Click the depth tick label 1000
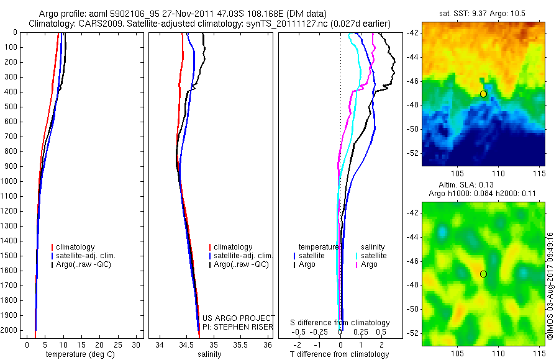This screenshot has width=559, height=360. pyautogui.click(x=11, y=181)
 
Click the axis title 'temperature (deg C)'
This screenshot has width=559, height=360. pyautogui.click(x=79, y=354)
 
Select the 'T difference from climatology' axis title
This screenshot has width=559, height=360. pyautogui.click(x=339, y=354)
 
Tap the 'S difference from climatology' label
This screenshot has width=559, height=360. pyautogui.click(x=340, y=323)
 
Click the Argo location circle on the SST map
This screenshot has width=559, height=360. pyautogui.click(x=483, y=94)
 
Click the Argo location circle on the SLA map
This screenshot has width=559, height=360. pyautogui.click(x=483, y=274)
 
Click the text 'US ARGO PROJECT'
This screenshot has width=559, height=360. pyautogui.click(x=239, y=318)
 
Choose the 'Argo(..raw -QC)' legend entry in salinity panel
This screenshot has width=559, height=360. pyautogui.click(x=241, y=264)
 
